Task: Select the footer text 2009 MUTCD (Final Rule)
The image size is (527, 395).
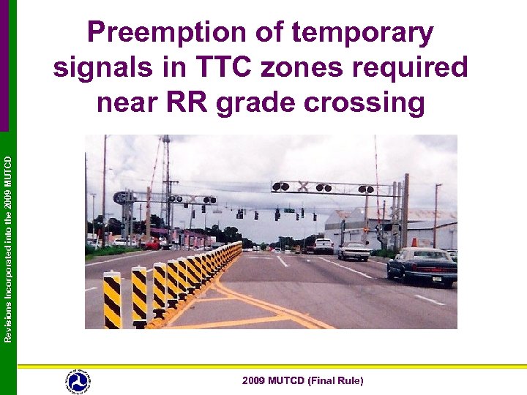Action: click(303, 380)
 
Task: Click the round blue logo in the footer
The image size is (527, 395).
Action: click(78, 380)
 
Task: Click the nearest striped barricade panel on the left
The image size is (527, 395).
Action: click(112, 300)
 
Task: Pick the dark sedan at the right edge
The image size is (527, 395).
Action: click(422, 265)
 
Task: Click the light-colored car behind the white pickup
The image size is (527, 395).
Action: click(354, 251)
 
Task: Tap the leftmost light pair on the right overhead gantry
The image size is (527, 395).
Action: click(280, 187)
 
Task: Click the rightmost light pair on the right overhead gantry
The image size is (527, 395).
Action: click(366, 189)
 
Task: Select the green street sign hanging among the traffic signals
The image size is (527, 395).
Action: click(289, 211)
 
